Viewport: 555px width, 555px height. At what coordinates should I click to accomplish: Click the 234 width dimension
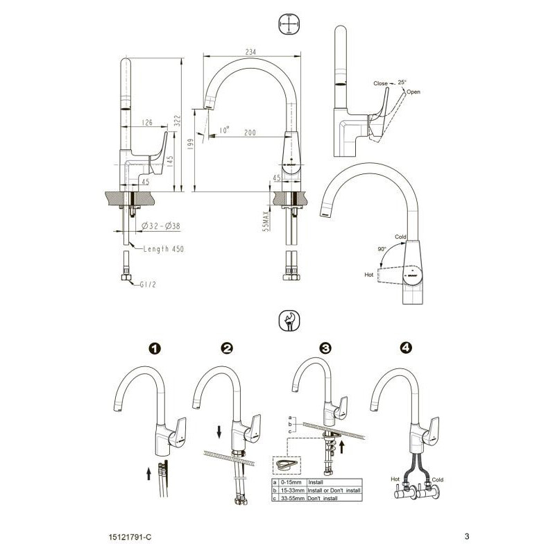click(x=250, y=51)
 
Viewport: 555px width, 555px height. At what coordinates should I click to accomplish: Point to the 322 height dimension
click(x=178, y=121)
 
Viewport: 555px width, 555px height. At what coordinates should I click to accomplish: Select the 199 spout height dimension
click(x=190, y=144)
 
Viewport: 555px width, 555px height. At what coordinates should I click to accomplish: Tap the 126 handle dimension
click(x=147, y=123)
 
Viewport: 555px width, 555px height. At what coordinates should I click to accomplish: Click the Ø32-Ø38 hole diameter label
click(x=161, y=226)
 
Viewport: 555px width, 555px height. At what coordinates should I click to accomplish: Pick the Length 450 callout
click(x=164, y=249)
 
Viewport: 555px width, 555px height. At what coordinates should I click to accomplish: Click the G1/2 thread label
click(x=148, y=284)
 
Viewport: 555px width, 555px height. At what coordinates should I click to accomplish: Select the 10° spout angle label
click(x=224, y=130)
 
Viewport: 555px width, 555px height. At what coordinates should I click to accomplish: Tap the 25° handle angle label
click(x=402, y=82)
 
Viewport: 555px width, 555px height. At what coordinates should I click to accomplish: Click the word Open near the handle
click(x=413, y=92)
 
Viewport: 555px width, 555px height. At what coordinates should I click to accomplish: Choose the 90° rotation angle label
click(x=382, y=249)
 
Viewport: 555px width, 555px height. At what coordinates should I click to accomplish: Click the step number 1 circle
click(x=155, y=349)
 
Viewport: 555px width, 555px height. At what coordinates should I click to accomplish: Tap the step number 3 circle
click(x=325, y=348)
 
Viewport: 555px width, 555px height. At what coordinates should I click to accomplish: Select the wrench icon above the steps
click(x=289, y=321)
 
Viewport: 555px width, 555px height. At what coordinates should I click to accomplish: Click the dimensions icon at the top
click(x=289, y=24)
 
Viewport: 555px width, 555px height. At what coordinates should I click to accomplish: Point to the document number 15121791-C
click(x=130, y=537)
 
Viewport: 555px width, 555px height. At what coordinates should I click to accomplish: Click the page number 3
click(x=467, y=536)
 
